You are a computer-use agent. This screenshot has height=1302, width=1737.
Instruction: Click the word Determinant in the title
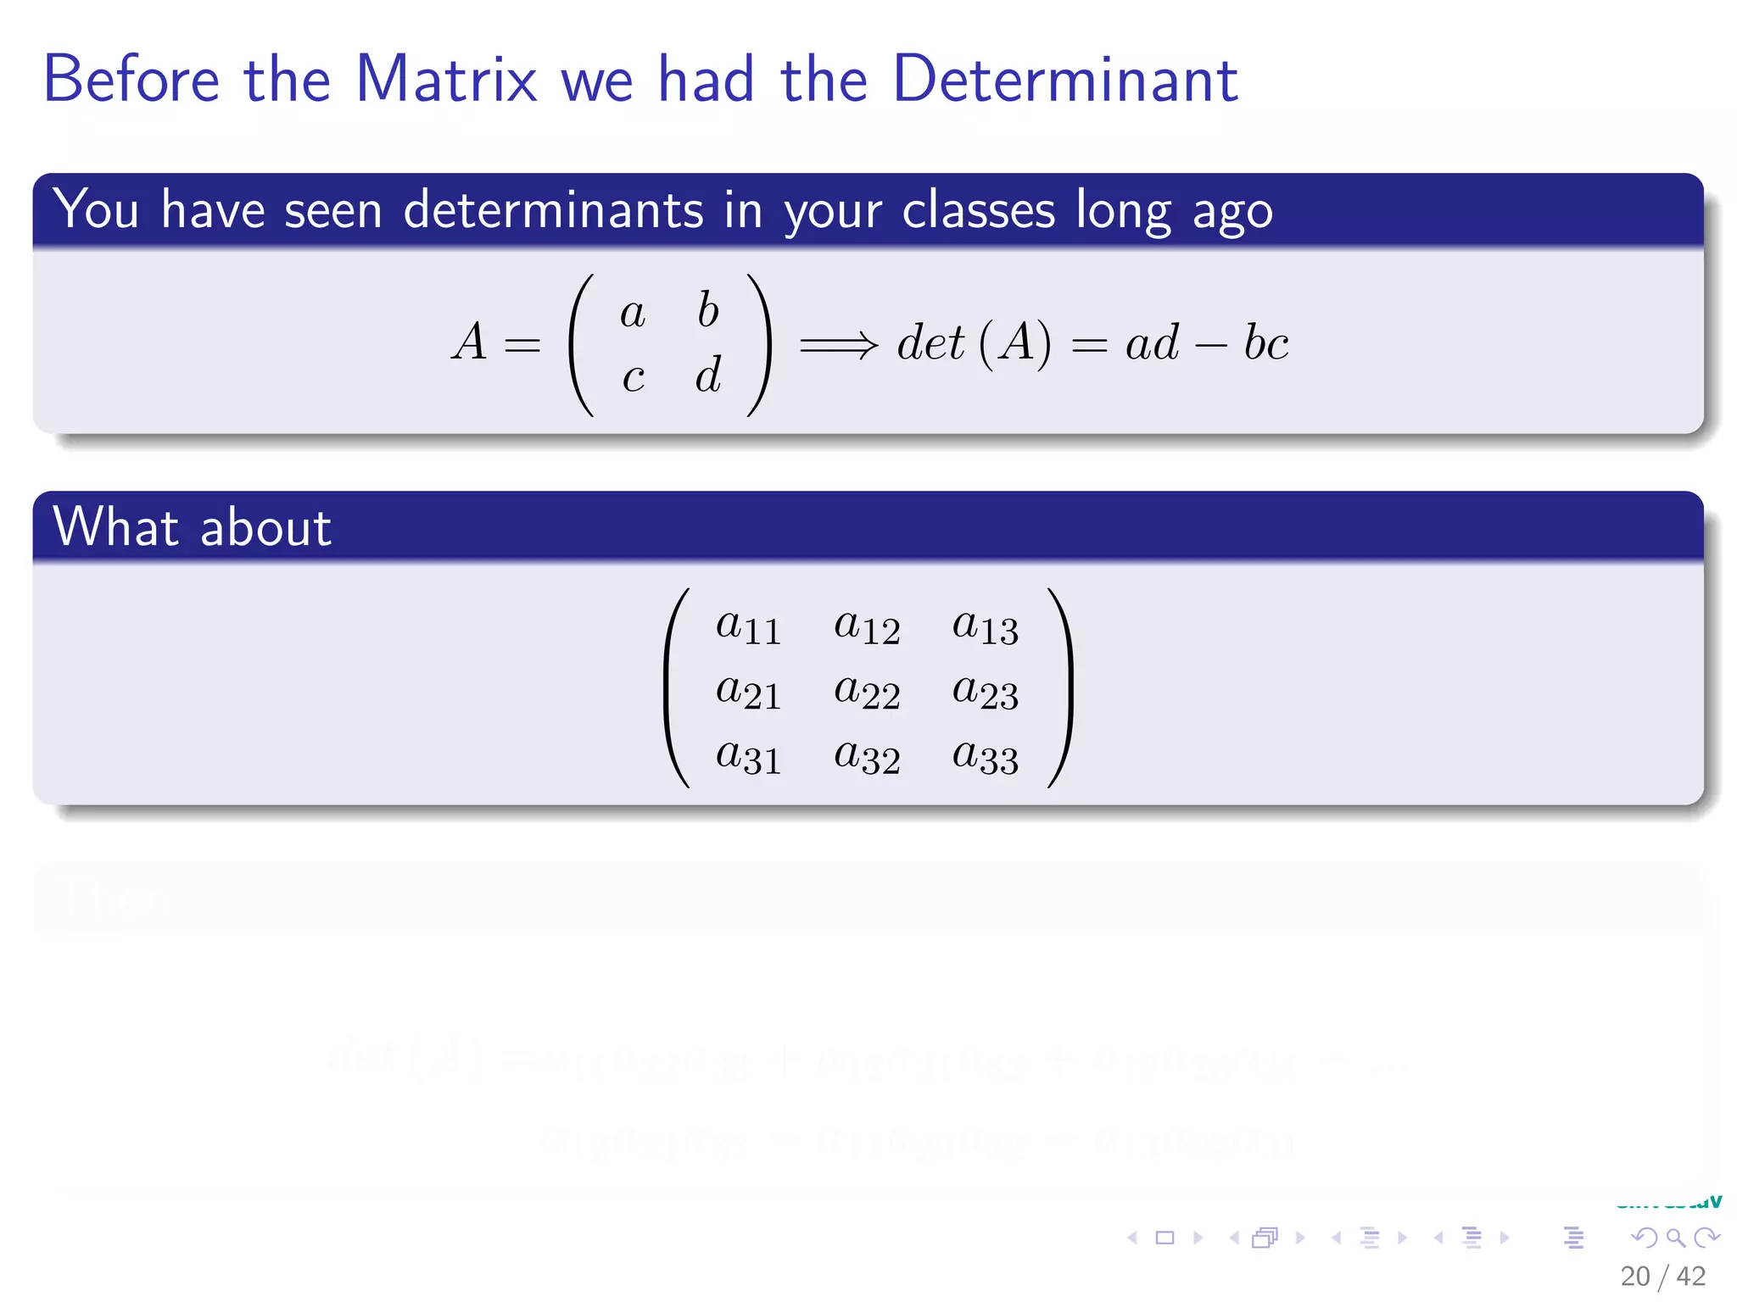pyautogui.click(x=1065, y=79)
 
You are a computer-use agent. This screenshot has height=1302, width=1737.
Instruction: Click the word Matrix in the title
pyautogui.click(x=446, y=79)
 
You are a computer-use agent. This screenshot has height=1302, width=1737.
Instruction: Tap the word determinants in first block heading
pyautogui.click(x=553, y=209)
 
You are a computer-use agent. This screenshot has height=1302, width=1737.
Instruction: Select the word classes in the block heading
pyautogui.click(x=978, y=209)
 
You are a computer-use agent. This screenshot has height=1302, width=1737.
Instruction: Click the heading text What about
pyautogui.click(x=192, y=527)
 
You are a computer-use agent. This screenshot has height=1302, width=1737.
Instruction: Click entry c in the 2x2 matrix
pyautogui.click(x=633, y=377)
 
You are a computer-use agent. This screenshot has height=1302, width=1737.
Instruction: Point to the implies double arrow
pyautogui.click(x=839, y=345)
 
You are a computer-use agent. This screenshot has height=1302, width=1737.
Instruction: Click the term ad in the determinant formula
pyautogui.click(x=1152, y=343)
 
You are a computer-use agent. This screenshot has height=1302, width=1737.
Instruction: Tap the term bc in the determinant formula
pyautogui.click(x=1265, y=343)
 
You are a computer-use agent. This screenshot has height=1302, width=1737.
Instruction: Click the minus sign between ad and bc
pyautogui.click(x=1210, y=346)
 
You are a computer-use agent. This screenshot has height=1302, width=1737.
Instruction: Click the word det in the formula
pyautogui.click(x=930, y=343)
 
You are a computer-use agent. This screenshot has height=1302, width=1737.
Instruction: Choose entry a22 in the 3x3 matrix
pyautogui.click(x=867, y=692)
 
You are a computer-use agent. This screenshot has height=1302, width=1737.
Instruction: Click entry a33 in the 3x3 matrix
pyautogui.click(x=985, y=756)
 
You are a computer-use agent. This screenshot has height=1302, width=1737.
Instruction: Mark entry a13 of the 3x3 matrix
pyautogui.click(x=985, y=627)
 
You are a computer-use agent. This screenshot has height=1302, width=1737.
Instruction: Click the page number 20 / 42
pyautogui.click(x=1662, y=1276)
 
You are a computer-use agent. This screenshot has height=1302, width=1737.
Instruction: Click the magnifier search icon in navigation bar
pyautogui.click(x=1675, y=1238)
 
